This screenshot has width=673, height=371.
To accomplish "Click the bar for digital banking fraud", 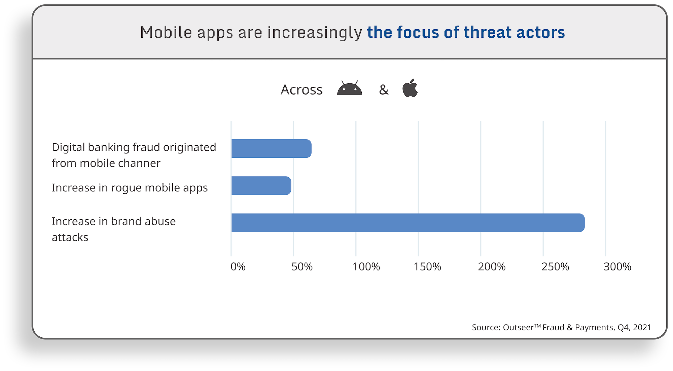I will tap(271, 148).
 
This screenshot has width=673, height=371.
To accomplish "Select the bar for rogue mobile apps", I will tap(261, 186).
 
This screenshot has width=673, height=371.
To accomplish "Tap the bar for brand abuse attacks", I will tap(408, 223).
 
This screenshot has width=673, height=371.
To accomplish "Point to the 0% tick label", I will tap(238, 267).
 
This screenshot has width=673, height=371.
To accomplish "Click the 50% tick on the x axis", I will tap(302, 267).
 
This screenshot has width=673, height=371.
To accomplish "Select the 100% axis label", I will tap(366, 267).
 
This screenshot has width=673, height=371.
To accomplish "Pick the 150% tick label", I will tap(427, 267).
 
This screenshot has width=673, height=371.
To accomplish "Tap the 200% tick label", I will tap(492, 267).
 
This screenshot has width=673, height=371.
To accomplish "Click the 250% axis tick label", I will tap(555, 267).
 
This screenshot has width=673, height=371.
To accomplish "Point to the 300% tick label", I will tap(617, 267).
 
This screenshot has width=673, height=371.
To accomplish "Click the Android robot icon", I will tap(350, 88).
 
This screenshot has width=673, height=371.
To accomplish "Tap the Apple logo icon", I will tap(410, 88).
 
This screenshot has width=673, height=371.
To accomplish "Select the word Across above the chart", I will tap(302, 90).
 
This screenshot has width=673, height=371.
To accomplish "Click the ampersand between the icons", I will tap(384, 90).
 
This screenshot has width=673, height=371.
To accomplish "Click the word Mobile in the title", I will tap(166, 33).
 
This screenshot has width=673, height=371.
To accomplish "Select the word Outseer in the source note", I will tap(518, 328).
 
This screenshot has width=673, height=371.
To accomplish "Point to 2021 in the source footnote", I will tap(642, 328).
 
